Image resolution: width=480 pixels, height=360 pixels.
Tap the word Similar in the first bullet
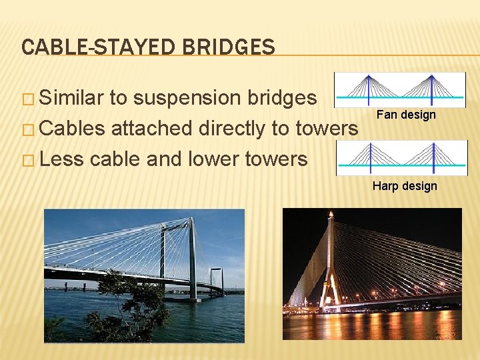coord(72,98)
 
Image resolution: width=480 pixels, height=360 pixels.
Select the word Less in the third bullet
coord(61,159)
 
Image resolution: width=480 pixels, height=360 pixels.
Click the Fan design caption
coord(406,115)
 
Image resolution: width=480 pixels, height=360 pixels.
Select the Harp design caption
coord(405,186)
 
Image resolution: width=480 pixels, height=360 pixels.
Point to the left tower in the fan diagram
coord(368,88)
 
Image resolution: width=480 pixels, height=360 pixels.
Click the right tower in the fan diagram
coord(431,88)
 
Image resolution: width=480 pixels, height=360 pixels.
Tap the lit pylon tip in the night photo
coord(329,216)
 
